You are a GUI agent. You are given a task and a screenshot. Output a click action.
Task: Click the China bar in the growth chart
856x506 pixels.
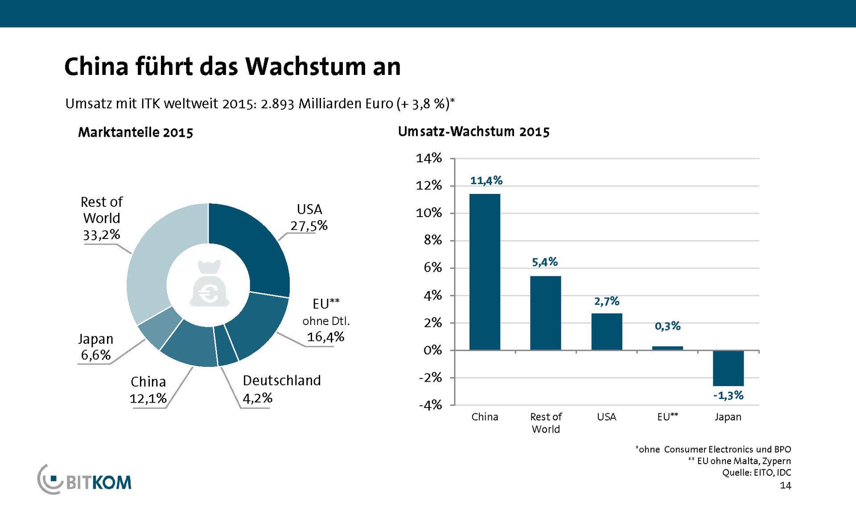[x=485, y=272]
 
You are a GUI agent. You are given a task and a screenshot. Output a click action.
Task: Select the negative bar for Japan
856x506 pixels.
[x=728, y=368]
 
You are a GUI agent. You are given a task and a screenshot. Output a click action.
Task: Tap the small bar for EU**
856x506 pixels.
[x=667, y=348]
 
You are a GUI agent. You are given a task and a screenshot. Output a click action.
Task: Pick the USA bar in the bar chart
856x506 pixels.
[x=606, y=332]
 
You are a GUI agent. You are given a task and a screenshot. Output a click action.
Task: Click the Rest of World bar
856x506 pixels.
[x=545, y=313]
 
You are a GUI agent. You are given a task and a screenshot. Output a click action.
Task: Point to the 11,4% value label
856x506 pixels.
[x=486, y=181]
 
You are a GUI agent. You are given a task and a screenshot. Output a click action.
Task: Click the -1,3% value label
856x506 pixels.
[x=728, y=395]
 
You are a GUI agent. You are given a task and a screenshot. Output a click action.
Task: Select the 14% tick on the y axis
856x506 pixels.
[x=429, y=158]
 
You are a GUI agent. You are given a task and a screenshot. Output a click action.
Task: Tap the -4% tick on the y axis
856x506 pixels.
[x=430, y=405]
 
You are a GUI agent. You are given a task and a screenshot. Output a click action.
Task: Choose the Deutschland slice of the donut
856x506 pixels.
[x=226, y=346]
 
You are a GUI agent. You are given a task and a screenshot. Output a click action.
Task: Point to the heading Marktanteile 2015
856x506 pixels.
[x=136, y=132]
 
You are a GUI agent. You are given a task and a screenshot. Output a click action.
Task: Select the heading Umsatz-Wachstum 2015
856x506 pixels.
[x=473, y=132]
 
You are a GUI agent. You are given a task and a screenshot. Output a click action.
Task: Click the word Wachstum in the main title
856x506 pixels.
[x=303, y=67]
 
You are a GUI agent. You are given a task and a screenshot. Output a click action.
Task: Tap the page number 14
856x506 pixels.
[x=785, y=485]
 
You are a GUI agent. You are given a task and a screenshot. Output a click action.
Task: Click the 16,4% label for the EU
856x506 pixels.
[x=325, y=337]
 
